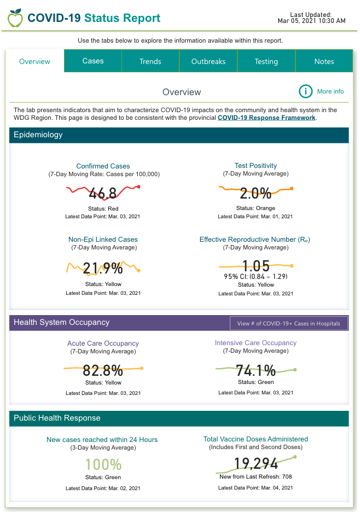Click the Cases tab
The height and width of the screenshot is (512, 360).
click(x=93, y=61)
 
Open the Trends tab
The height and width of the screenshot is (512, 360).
click(x=150, y=61)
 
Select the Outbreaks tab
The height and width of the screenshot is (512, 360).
click(x=208, y=61)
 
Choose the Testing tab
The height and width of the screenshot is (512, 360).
click(x=266, y=61)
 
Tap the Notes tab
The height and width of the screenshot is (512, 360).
click(x=324, y=61)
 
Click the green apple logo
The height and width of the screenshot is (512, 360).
click(x=15, y=18)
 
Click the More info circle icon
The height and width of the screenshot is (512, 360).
click(x=305, y=91)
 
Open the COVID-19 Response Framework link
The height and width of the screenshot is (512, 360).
click(x=266, y=118)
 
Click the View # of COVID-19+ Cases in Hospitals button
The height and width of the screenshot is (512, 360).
click(x=288, y=323)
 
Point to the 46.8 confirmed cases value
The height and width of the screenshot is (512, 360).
click(x=103, y=193)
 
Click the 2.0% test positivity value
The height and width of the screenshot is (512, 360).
click(x=256, y=193)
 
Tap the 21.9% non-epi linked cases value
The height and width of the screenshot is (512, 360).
click(x=103, y=268)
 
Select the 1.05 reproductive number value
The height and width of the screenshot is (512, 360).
click(x=256, y=266)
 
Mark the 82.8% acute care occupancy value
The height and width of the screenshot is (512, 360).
click(x=103, y=370)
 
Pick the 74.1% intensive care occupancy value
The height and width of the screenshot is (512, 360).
click(x=256, y=370)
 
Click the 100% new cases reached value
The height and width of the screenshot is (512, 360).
click(x=103, y=465)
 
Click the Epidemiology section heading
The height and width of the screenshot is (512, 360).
click(x=38, y=135)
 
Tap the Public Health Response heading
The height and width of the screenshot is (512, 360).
click(x=57, y=418)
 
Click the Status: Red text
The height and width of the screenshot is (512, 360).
click(x=103, y=208)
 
